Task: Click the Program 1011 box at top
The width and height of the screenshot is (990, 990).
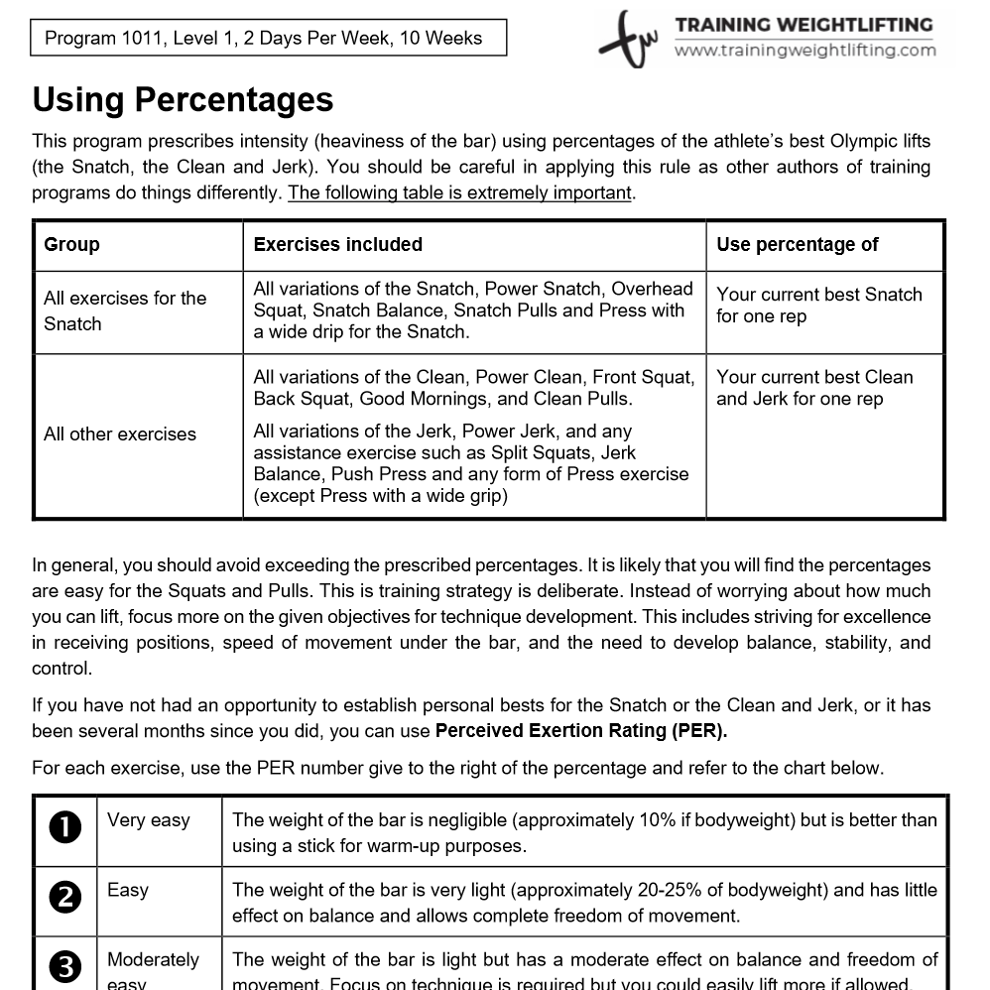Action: pos(264,39)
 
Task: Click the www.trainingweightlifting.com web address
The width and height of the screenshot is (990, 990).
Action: pos(804,50)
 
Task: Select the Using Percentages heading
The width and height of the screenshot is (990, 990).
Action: pos(183,99)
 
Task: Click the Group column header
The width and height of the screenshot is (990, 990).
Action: pos(71,245)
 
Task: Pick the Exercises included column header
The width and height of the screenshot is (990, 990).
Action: pos(337,245)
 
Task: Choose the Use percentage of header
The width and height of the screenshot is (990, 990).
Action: pos(797,245)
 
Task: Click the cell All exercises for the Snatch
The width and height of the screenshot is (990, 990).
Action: pos(125,310)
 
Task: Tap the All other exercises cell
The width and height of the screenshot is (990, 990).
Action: pos(120,434)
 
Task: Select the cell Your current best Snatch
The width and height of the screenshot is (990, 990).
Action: pos(818,306)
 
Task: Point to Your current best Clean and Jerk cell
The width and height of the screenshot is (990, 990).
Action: pos(813,388)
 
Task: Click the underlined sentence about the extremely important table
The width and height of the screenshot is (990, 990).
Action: pos(459,192)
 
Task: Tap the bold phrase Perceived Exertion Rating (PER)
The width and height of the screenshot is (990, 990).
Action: pos(581,731)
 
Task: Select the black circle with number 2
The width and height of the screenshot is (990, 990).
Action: pos(64,898)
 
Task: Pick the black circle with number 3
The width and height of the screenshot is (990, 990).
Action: pos(64,966)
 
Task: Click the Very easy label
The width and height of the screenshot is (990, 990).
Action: pos(149,820)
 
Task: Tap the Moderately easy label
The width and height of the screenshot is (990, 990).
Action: pos(153,960)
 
